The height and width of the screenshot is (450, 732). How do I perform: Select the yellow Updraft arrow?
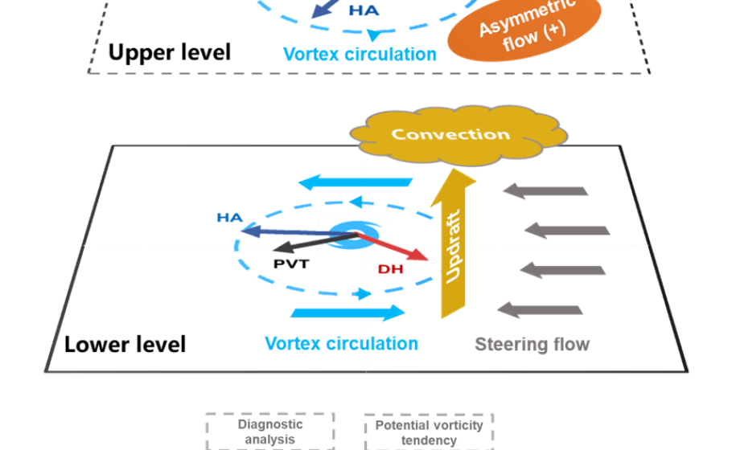454,245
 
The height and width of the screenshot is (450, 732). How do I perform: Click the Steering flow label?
532,345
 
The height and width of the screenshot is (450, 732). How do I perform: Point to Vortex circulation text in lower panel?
342,343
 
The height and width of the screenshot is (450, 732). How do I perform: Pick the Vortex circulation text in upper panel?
360,55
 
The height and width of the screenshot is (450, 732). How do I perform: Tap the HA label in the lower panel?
229,218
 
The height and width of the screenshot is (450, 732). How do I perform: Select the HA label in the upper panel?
364,11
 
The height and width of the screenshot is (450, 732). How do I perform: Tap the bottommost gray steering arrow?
540,309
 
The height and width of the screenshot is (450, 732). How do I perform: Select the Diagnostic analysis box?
270,432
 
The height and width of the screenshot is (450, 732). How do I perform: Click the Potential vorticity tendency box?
428,432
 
